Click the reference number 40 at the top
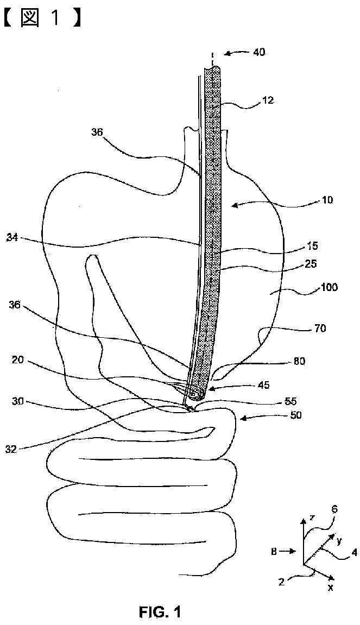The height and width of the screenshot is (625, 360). point(259,53)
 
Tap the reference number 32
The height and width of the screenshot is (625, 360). point(11,448)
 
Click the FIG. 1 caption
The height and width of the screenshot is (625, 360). point(159,613)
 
